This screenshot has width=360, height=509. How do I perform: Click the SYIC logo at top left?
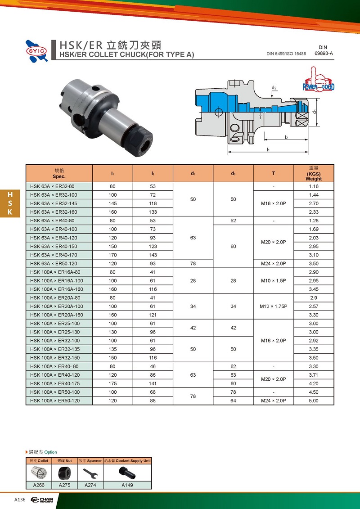tap(37, 51)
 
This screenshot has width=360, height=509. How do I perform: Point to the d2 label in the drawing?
tap(274, 88)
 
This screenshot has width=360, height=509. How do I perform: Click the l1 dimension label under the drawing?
tap(268, 149)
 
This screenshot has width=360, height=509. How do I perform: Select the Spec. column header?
tap(59, 174)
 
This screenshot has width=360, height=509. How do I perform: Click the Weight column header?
tap(314, 174)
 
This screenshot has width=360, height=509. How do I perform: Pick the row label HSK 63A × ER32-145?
tap(54, 203)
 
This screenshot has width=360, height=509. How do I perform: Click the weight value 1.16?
tap(314, 186)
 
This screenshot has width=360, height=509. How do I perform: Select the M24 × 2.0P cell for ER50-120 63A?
tap(273, 264)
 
